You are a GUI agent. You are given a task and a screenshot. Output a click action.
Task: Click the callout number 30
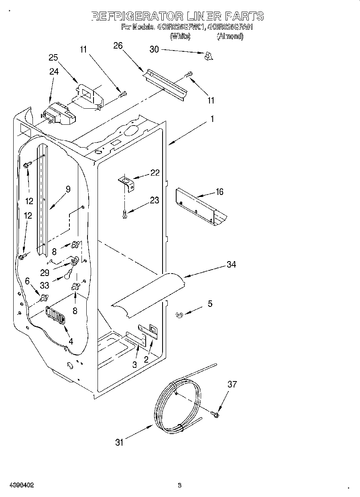coord(154,49)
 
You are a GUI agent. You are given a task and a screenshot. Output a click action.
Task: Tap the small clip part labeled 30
coord(208,57)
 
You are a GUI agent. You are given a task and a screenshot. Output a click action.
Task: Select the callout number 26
coord(118,45)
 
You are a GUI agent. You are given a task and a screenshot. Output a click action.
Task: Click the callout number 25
coord(53,57)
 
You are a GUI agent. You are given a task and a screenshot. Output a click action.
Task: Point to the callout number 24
coord(54,71)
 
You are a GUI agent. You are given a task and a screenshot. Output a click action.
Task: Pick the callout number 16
coord(219,192)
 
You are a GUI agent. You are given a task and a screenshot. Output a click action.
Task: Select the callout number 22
coord(155,172)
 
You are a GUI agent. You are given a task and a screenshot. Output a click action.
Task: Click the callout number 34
coord(231,264)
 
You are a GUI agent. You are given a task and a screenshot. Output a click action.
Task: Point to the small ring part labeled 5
coord(180,315)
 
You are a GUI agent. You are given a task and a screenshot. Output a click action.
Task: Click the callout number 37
coord(232,384)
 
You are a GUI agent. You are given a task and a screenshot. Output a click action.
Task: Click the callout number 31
coord(119,442)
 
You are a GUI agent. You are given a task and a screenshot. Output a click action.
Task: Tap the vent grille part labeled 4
coord(55,314)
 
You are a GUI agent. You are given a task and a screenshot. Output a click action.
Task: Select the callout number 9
coord(68,189)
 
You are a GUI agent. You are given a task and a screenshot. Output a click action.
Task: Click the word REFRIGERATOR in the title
coord(137,16)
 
